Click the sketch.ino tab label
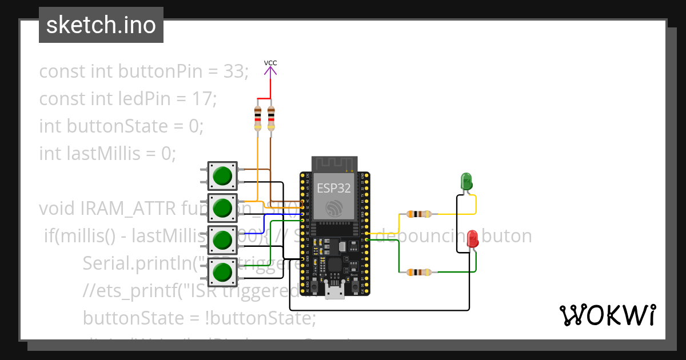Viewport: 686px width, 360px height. coord(101,25)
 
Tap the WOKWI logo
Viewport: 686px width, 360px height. coord(607,315)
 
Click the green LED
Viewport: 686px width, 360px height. coord(466,182)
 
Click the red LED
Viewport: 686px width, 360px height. coord(472,239)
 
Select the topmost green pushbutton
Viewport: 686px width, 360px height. coord(222,176)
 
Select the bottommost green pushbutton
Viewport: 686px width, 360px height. coord(222,273)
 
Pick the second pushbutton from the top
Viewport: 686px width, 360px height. coord(222,209)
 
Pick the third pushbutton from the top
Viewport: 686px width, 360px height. coord(222,241)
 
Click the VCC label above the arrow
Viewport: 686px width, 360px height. coord(270,63)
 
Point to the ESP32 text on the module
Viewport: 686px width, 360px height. coord(334,188)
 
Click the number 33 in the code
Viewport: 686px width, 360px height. coord(234,72)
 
